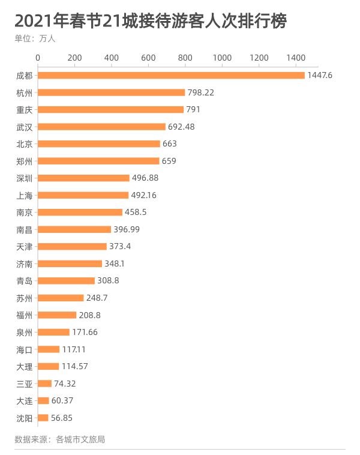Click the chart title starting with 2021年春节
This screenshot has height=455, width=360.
point(150,22)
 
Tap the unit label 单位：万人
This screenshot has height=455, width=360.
point(35,39)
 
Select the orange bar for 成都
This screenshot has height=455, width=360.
point(171,76)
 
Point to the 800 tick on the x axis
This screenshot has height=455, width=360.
point(185,58)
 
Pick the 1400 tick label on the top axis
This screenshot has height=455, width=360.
point(296,58)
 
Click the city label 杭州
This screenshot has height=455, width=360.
point(25,93)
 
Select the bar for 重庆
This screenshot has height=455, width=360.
point(111,110)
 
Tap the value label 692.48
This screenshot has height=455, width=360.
point(181,127)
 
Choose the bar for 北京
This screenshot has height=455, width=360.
point(99,144)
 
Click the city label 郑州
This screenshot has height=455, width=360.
point(25,161)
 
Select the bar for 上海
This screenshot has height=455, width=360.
point(83,195)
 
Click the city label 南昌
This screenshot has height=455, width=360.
point(25,229)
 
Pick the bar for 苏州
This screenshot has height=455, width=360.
point(61,298)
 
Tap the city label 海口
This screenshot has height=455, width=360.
point(25,349)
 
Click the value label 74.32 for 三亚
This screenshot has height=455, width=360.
point(65,384)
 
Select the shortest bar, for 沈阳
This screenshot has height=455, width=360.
point(43,418)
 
